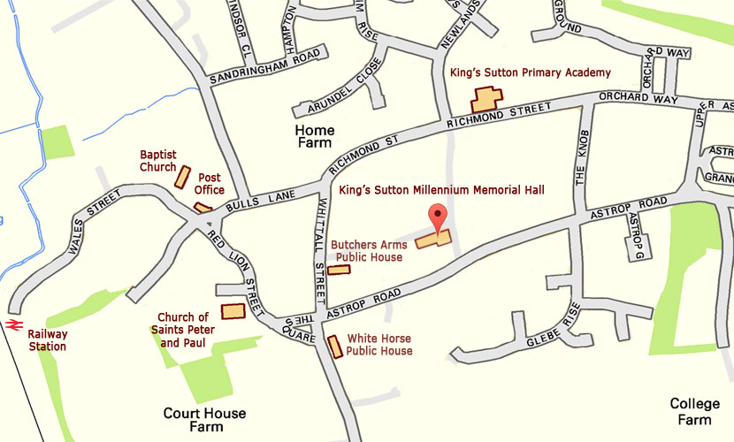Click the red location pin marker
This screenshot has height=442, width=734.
click(x=435, y=215)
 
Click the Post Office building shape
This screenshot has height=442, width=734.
click(x=203, y=209)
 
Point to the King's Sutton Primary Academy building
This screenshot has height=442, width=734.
click(x=486, y=99)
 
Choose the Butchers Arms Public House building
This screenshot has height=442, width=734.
click(x=339, y=270)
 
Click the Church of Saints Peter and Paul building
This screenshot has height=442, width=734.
click(x=233, y=310)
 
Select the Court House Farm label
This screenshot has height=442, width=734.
click(x=204, y=420)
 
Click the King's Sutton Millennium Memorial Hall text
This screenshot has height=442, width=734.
click(x=441, y=189)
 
